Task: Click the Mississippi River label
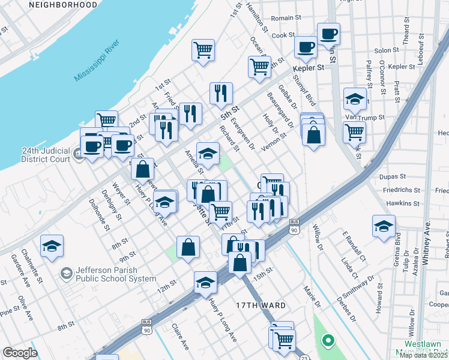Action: (x=97, y=61)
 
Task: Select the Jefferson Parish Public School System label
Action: (x=111, y=274)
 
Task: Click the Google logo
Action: (x=20, y=353)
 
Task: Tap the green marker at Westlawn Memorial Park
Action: (x=328, y=341)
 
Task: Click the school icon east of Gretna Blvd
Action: (x=384, y=226)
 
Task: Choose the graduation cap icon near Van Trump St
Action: (x=354, y=98)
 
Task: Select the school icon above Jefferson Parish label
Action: (x=52, y=245)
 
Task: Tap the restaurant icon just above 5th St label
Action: (x=221, y=93)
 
